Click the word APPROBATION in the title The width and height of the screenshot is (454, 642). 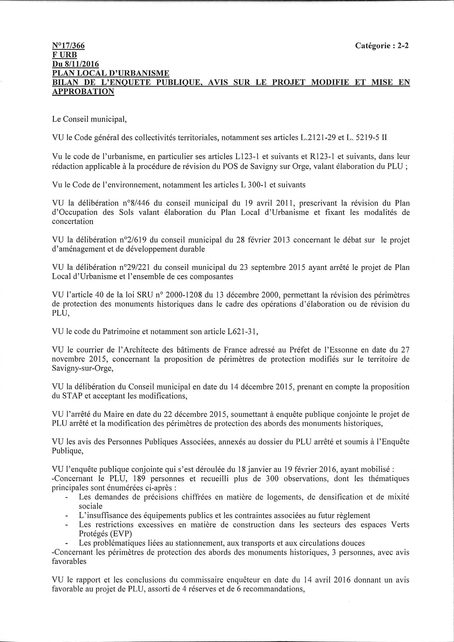(83, 91)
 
